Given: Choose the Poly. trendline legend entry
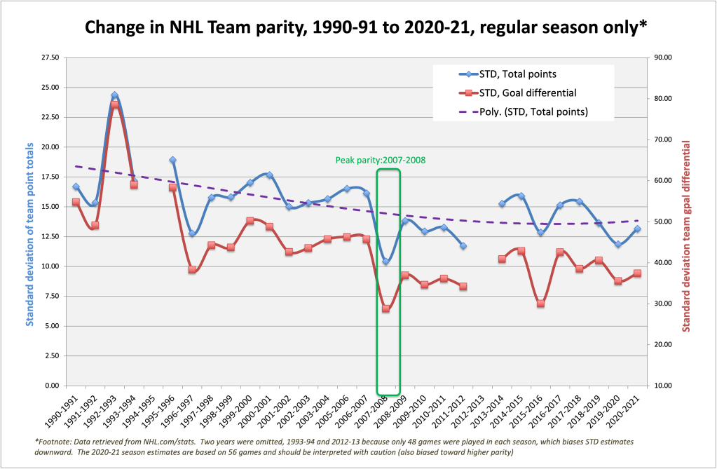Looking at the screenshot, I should (533, 111).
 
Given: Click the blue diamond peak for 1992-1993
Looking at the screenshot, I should (114, 95).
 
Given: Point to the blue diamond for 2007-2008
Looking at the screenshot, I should (385, 261).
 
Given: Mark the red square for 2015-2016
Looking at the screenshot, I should (540, 304).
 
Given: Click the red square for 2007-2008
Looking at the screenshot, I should (385, 308).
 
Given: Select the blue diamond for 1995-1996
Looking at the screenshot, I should (172, 160).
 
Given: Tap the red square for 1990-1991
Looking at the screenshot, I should (76, 202).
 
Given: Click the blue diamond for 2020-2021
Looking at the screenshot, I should (637, 229).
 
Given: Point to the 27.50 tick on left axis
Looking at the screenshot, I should (49, 57).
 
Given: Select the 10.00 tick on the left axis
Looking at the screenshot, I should (49, 266).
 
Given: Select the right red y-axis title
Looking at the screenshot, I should (686, 236).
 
